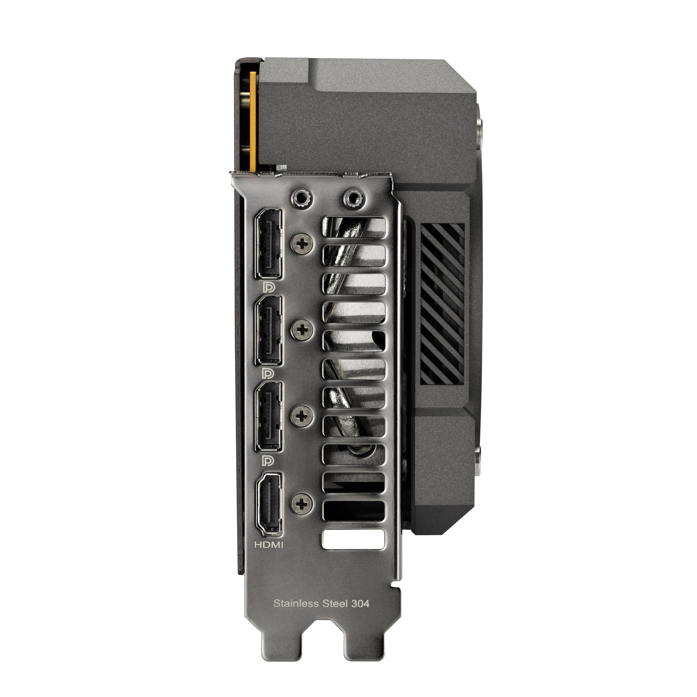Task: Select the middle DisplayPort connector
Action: coord(269,330)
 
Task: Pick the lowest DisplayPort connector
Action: coord(269,416)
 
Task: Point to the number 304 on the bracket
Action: coord(360,603)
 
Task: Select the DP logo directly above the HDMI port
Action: coord(268,460)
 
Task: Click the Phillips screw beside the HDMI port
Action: coord(302,503)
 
